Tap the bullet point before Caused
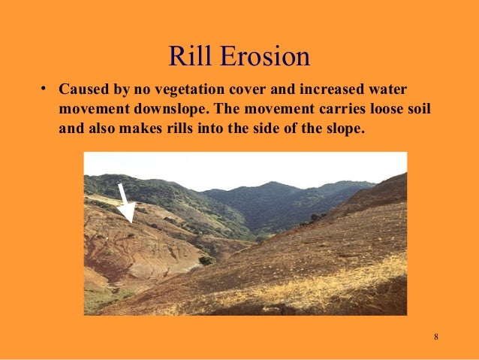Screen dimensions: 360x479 pyautogui.click(x=45, y=89)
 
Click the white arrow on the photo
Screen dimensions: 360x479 pyautogui.click(x=124, y=203)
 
